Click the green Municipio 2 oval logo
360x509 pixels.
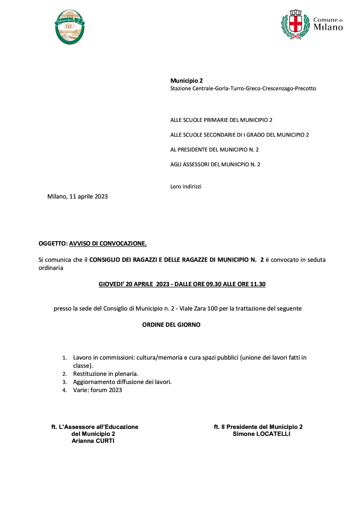[x=70, y=27]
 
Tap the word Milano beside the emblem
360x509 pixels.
[x=328, y=28]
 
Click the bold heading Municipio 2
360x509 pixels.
[x=186, y=81]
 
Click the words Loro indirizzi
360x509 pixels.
[x=186, y=187]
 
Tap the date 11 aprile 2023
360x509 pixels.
[x=89, y=196]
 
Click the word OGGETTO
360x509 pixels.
[x=53, y=243]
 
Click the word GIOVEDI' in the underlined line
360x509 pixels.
[x=111, y=284]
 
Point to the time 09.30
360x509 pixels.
[x=214, y=284]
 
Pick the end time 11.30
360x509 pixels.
[x=258, y=284]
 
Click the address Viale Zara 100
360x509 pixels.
[x=198, y=308]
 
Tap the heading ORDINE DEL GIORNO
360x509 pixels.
[x=171, y=325]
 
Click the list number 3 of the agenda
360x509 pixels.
[x=64, y=382]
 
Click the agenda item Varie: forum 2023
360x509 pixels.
[x=98, y=390]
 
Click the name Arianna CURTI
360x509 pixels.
[x=93, y=441]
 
